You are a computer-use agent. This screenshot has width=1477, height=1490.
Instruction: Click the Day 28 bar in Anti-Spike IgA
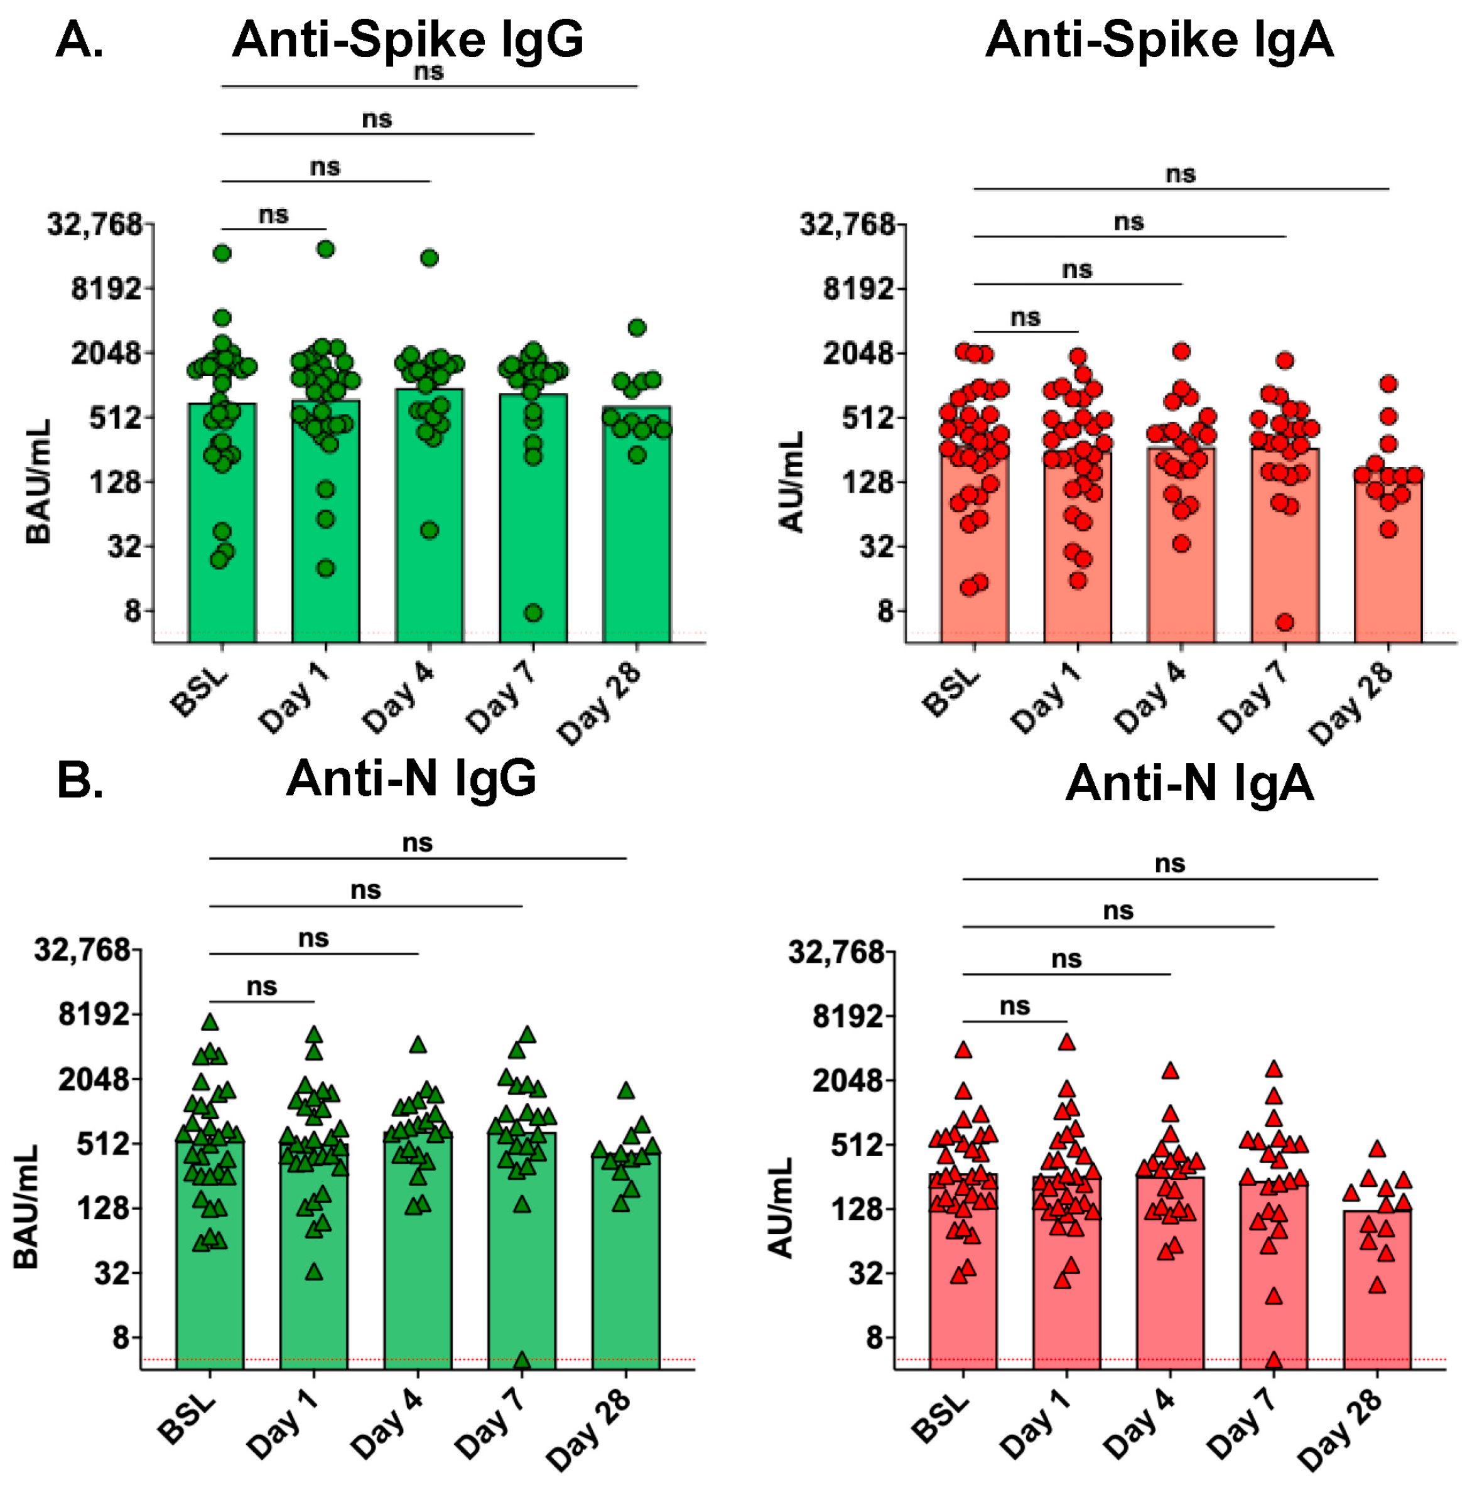1387,563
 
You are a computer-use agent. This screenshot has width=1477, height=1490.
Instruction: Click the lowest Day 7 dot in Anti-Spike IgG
533,613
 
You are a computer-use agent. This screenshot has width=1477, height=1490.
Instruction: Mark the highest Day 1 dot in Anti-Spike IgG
326,249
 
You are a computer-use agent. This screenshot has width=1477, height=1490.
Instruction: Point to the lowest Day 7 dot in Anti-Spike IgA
1284,621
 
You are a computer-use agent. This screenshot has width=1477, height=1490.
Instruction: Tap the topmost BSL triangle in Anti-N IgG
210,1022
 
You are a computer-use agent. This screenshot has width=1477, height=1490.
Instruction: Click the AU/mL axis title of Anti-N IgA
781,1208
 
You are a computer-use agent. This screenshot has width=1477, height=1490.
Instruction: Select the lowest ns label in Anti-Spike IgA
1025,317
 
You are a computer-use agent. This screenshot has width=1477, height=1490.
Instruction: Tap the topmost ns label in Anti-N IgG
417,842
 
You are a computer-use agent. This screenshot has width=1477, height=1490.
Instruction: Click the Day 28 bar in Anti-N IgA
1377,1295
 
